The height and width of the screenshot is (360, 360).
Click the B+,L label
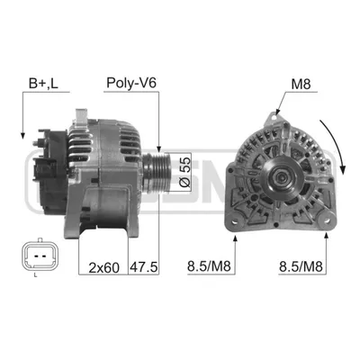[43, 84]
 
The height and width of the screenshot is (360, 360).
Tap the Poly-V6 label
[131, 83]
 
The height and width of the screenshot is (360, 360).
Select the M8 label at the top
[301, 85]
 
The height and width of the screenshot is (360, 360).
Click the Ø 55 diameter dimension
[185, 171]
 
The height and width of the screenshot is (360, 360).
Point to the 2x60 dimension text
[103, 267]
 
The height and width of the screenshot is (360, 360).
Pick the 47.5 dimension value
[143, 267]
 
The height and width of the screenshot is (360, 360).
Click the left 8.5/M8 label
[209, 266]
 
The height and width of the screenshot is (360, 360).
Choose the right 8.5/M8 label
[301, 266]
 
